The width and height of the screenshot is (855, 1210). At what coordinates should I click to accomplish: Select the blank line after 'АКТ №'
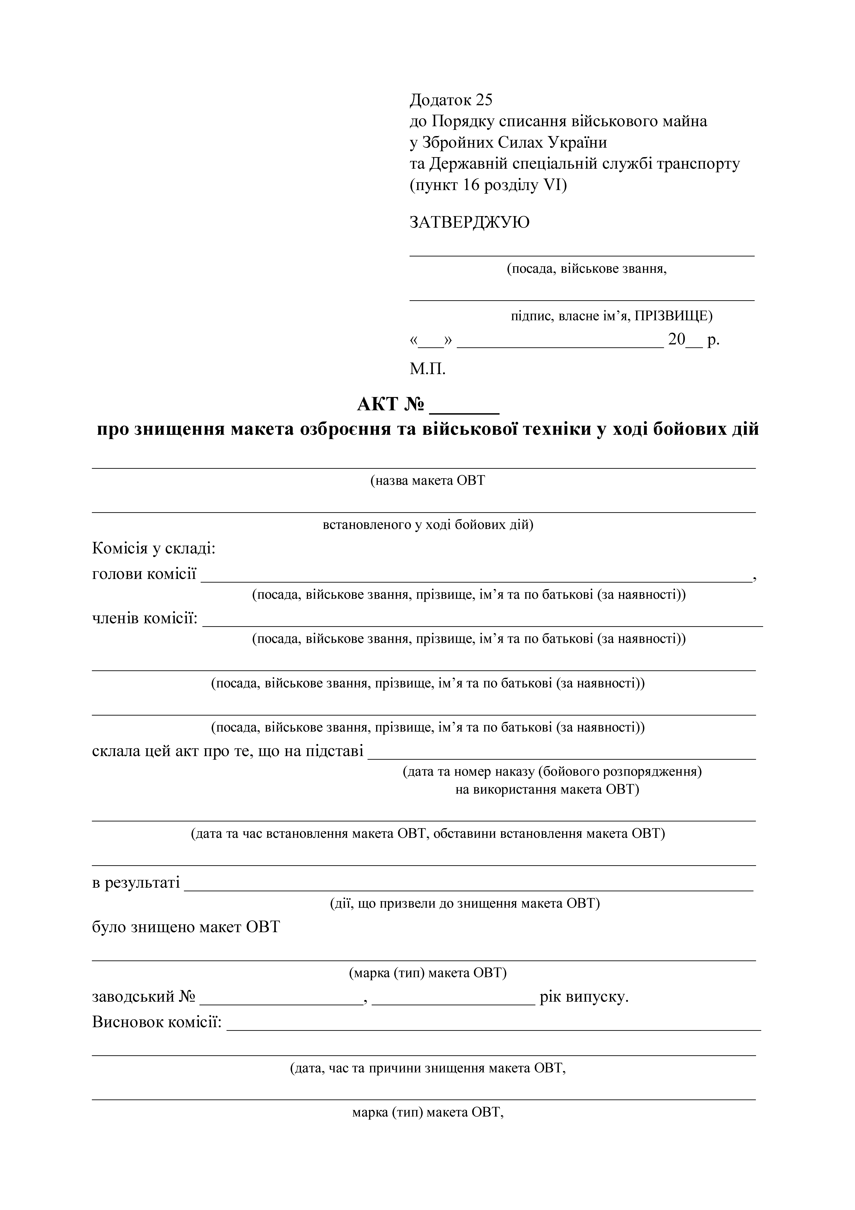[x=465, y=407]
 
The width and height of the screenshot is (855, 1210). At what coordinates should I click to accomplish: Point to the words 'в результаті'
[x=136, y=882]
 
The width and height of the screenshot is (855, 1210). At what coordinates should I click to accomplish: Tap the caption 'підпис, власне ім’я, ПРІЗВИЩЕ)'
[x=611, y=316]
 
